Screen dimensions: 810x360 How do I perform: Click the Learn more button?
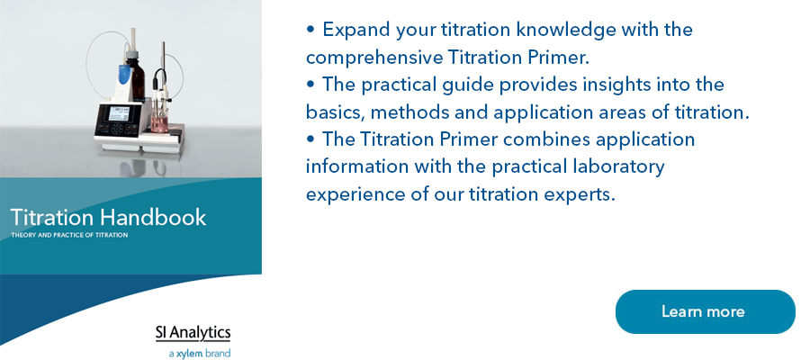[705, 311]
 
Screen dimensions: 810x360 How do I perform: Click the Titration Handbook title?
[109, 217]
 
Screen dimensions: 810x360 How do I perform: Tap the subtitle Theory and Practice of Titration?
[69, 235]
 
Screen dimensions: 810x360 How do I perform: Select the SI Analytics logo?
[193, 333]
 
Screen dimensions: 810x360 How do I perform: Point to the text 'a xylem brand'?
[200, 354]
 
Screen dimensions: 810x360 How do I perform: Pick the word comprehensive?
[374, 58]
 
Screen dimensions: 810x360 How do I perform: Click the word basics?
[336, 112]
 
